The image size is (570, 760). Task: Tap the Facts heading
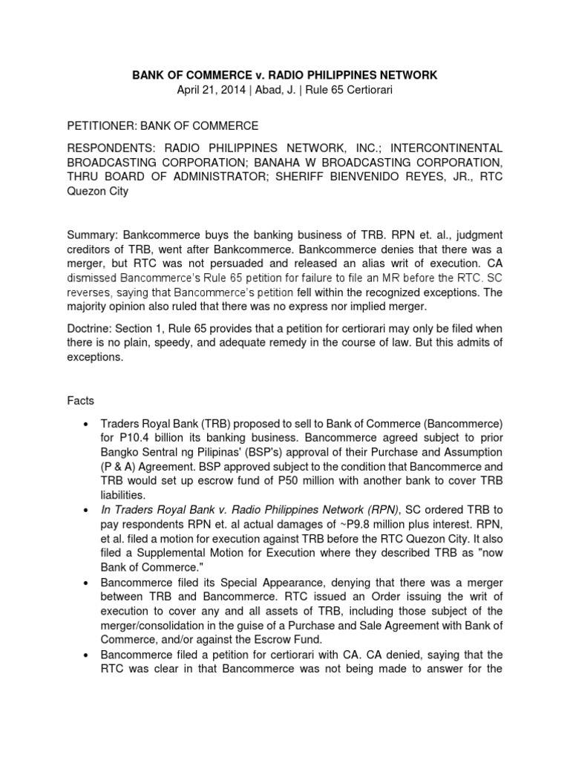(x=79, y=401)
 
